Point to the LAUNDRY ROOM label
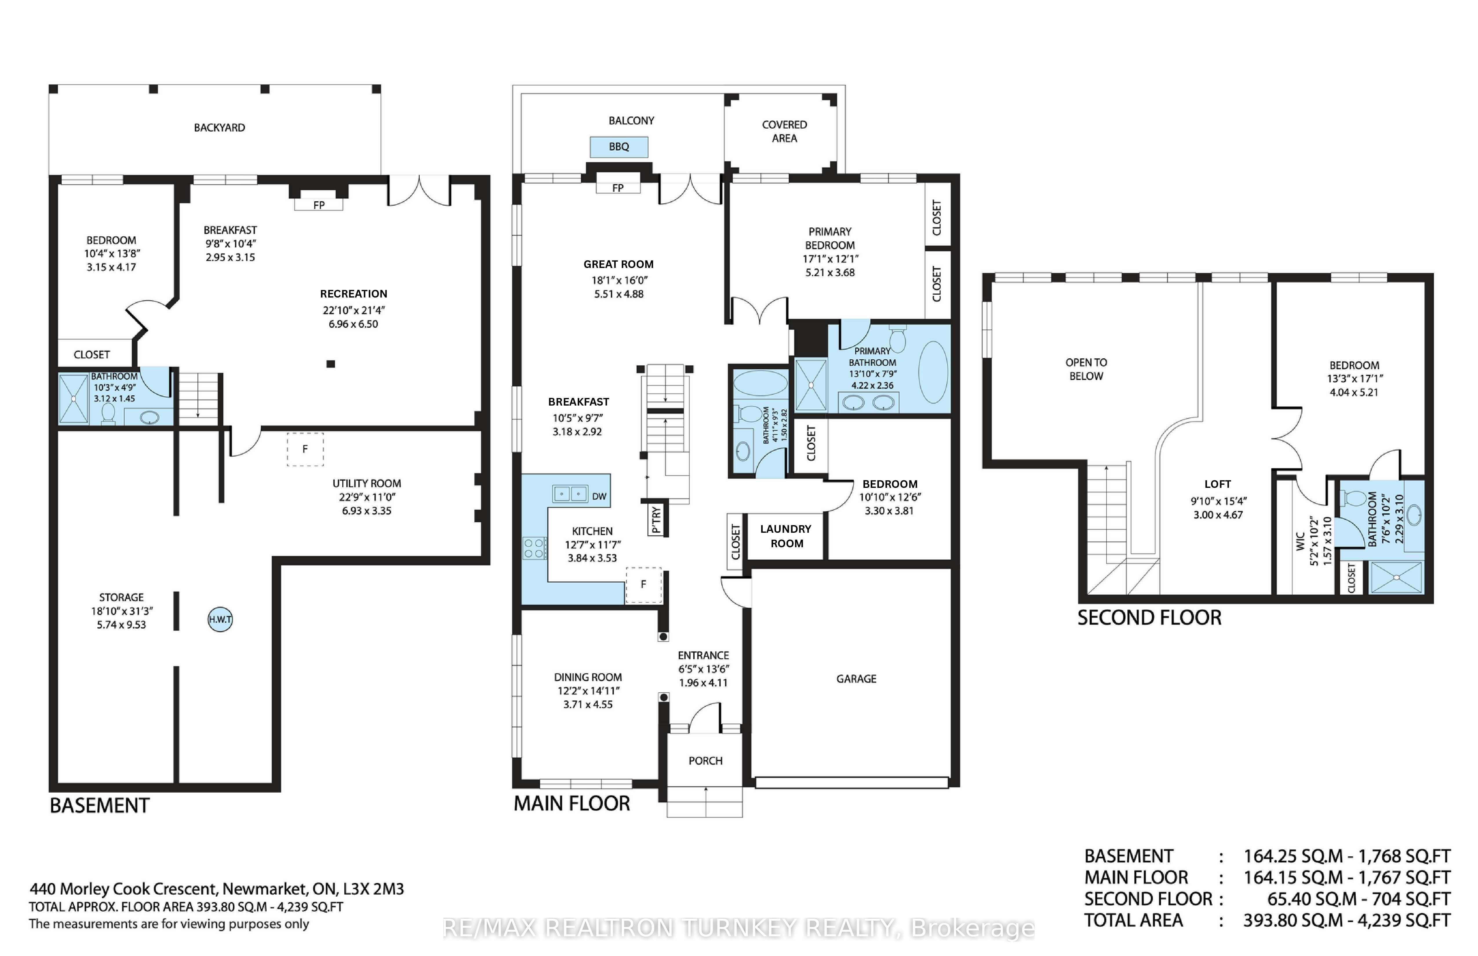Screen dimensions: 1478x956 [786, 536]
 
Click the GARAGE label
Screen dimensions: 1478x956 [856, 678]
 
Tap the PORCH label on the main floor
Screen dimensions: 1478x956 [705, 760]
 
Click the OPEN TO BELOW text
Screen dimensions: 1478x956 [1086, 369]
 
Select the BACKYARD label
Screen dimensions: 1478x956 [219, 127]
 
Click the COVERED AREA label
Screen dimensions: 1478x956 [784, 131]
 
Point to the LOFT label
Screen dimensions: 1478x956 [1217, 484]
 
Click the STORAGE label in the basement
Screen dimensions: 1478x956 [121, 597]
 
